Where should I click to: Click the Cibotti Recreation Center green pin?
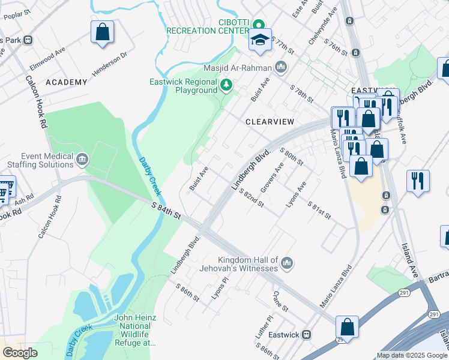(259, 25)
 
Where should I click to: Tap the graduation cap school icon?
(260, 40)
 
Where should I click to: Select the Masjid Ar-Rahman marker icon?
(280, 67)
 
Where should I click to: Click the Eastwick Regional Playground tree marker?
(226, 85)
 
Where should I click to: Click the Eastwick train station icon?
(307, 334)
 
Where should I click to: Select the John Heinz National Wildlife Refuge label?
(135, 330)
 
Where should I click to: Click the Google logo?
(20, 353)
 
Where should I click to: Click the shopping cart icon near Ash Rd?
(5, 189)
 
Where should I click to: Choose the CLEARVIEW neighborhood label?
(270, 121)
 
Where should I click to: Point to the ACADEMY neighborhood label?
(66, 82)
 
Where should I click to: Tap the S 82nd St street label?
(252, 198)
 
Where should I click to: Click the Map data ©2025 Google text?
(412, 355)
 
